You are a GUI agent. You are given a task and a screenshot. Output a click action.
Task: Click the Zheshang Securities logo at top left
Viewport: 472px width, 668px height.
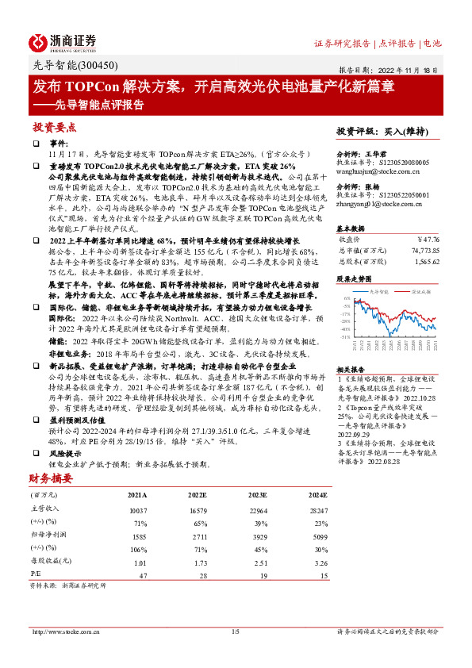click(x=63, y=42)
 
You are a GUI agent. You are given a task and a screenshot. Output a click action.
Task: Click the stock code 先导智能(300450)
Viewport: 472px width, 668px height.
click(x=65, y=67)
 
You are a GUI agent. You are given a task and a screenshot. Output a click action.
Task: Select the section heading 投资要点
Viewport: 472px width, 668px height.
click(x=55, y=127)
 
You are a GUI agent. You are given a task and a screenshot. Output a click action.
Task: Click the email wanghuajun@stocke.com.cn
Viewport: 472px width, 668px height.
click(x=372, y=168)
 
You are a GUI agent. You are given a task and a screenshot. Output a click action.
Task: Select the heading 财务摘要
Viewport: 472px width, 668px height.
click(x=50, y=478)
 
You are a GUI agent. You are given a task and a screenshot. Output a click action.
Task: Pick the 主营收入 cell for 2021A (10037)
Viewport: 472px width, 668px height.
click(x=139, y=510)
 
